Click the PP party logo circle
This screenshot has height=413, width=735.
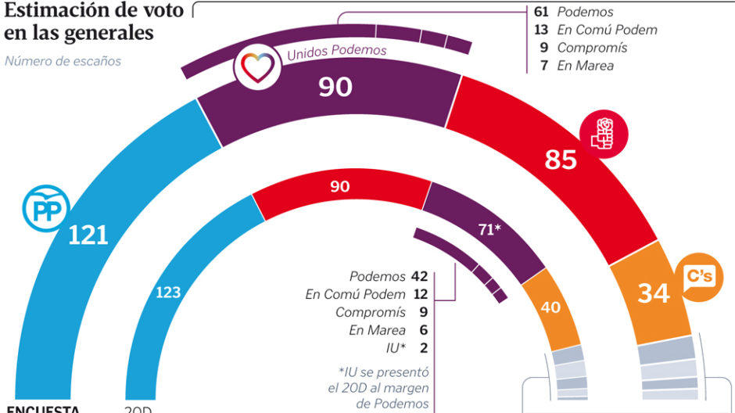(46, 207)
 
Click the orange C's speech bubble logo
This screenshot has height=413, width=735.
(697, 278)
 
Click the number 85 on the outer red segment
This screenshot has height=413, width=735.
(561, 160)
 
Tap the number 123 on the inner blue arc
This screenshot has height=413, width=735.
(168, 293)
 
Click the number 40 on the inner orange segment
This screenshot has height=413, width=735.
(550, 307)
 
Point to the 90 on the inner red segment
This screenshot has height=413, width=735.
(339, 187)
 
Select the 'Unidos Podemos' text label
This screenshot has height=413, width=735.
(337, 53)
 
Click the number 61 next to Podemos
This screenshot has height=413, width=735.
(541, 12)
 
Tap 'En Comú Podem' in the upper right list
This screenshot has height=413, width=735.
(607, 30)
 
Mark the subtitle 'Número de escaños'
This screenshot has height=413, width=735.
(63, 60)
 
